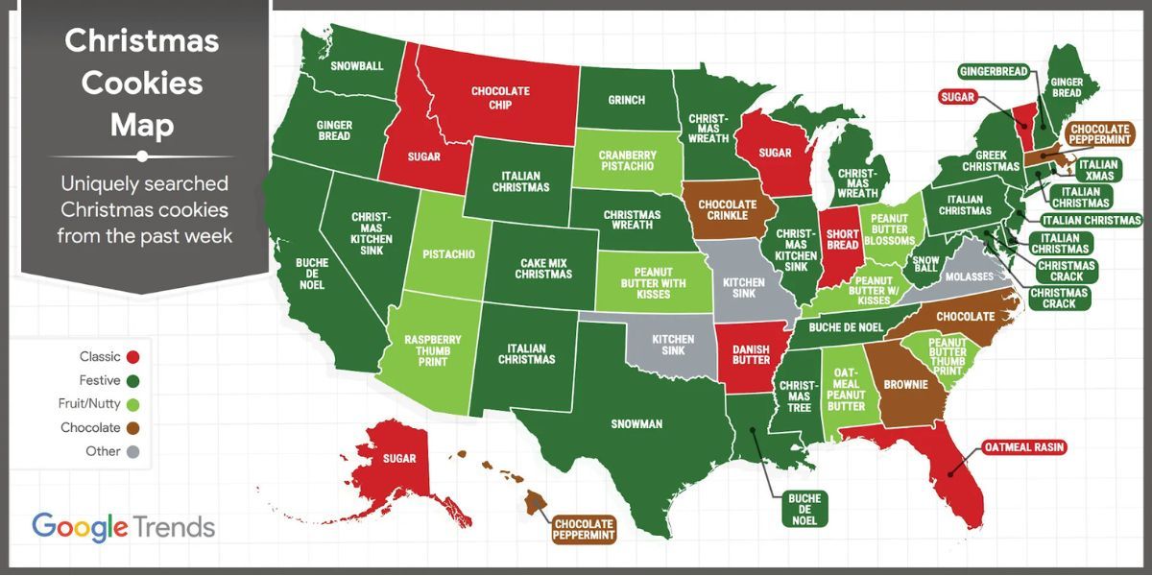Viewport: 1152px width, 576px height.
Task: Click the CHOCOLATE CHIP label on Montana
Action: pos(500,98)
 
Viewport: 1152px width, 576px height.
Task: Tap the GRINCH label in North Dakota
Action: pos(627,99)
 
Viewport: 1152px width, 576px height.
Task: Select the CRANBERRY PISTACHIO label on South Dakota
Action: pos(627,160)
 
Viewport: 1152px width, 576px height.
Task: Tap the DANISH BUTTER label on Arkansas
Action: pos(751,354)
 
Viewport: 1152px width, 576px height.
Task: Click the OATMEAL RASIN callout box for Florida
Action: pos(1024,447)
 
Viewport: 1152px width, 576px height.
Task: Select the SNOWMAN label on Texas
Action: pos(636,423)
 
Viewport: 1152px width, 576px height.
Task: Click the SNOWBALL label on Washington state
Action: pos(356,66)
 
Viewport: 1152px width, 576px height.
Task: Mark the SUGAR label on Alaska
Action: pos(399,459)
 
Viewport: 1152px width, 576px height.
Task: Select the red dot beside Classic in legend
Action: pos(132,357)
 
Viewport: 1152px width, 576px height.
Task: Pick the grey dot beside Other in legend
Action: pos(132,452)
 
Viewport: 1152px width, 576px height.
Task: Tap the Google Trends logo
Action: pos(123,527)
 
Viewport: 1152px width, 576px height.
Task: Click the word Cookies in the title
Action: pos(141,83)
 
